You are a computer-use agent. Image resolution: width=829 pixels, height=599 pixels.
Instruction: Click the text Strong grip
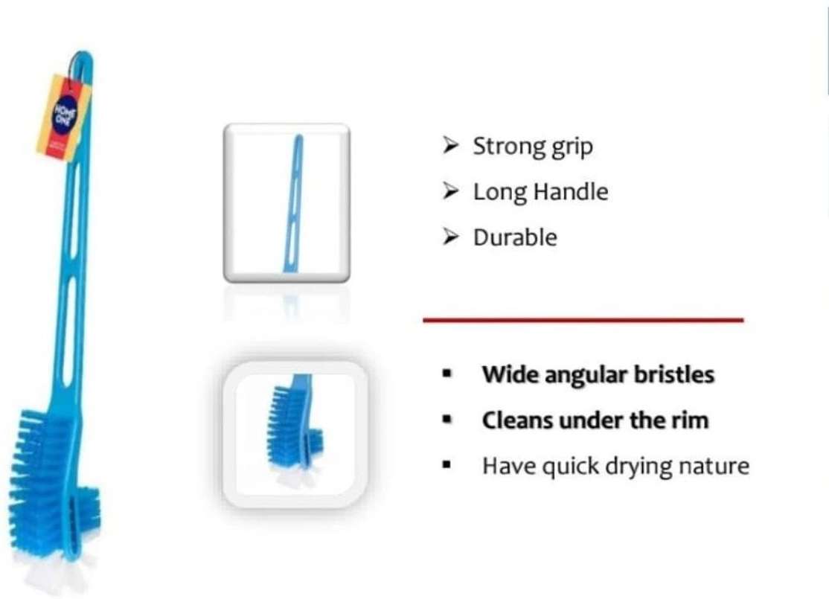533,147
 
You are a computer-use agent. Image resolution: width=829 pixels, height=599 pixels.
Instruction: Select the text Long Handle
540,192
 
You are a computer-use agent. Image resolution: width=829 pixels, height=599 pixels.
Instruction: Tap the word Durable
515,237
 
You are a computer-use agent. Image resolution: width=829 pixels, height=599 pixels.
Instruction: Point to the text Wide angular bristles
598,374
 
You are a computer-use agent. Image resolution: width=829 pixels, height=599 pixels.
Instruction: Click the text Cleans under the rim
595,420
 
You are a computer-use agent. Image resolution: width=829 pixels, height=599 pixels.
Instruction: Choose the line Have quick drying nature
615,467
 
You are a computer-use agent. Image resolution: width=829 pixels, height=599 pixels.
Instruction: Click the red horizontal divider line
583,320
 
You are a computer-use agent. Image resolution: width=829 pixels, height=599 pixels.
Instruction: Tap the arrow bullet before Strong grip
450,146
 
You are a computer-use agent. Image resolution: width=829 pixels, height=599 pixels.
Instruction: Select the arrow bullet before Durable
450,237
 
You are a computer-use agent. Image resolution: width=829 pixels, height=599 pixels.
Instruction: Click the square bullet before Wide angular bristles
446,374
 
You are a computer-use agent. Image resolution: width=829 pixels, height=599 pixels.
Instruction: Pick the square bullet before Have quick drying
446,467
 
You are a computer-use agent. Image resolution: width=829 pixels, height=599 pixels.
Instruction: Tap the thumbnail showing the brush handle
287,202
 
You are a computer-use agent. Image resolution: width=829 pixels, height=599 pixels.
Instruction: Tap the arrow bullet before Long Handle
450,191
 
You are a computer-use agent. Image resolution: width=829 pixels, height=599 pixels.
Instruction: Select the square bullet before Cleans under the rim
446,420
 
